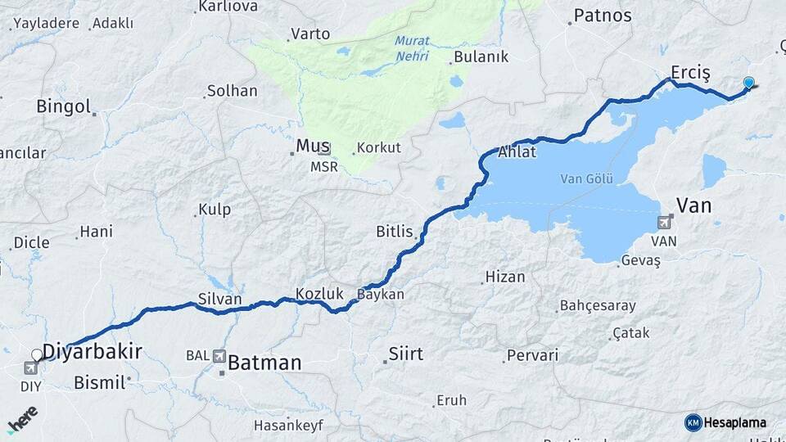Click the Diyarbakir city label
92,352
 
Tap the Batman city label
264,363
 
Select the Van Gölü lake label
582,178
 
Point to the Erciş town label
689,72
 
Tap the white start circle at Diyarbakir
36,355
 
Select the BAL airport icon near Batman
219,356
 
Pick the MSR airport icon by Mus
324,149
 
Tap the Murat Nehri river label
411,47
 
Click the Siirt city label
407,354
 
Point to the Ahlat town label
517,152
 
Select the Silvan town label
219,300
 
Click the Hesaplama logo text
734,422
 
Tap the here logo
23,417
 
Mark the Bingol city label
63,106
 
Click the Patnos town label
603,15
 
